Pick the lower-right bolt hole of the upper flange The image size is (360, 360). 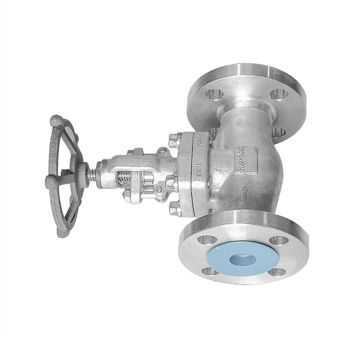click(278, 132)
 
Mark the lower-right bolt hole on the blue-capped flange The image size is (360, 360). click(277, 272)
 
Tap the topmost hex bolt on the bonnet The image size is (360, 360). click(174, 140)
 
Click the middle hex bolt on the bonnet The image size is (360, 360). click(171, 182)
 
